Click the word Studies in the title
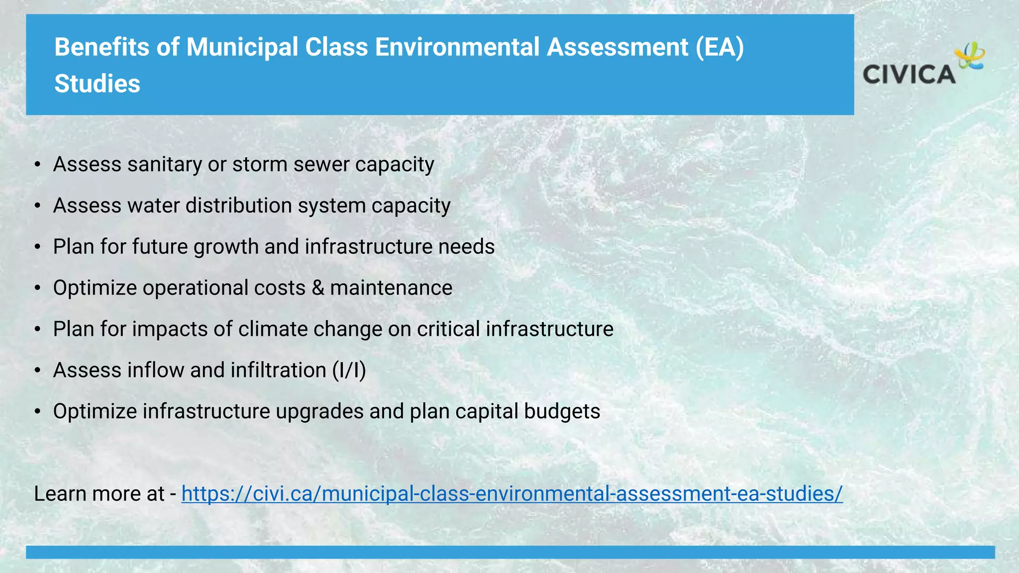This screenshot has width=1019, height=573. tap(97, 84)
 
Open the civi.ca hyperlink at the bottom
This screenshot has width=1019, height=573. tap(511, 494)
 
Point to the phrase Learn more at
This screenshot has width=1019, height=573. tap(99, 494)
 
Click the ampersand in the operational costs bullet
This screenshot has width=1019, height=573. tap(317, 288)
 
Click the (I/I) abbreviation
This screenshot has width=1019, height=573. tap(349, 371)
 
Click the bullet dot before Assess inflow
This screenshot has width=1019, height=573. tap(37, 371)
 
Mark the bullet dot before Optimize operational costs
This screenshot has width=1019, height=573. tap(37, 288)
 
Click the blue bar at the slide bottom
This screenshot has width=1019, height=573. tap(509, 552)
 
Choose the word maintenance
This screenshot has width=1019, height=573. tap(391, 288)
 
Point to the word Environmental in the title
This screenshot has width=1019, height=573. tap(457, 47)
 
